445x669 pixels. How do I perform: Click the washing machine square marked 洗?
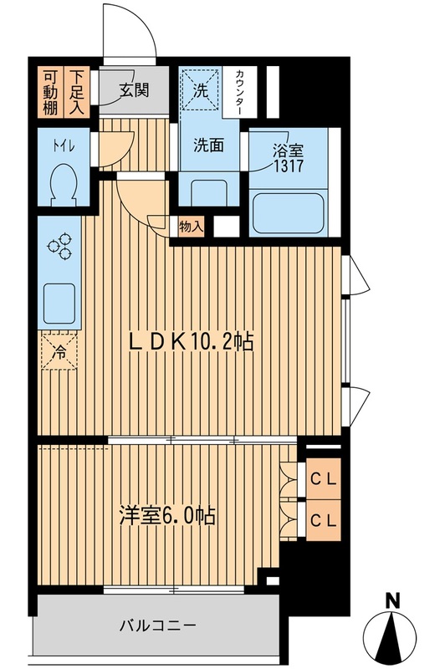click(201, 88)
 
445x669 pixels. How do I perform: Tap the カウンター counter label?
click(239, 90)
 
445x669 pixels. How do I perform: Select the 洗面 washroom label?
click(209, 144)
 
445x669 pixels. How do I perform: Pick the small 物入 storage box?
click(191, 226)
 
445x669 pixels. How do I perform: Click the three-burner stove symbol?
click(60, 248)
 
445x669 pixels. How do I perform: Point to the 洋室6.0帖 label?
click(166, 516)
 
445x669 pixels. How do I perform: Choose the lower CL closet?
click(325, 518)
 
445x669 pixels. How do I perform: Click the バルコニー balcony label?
click(156, 625)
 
